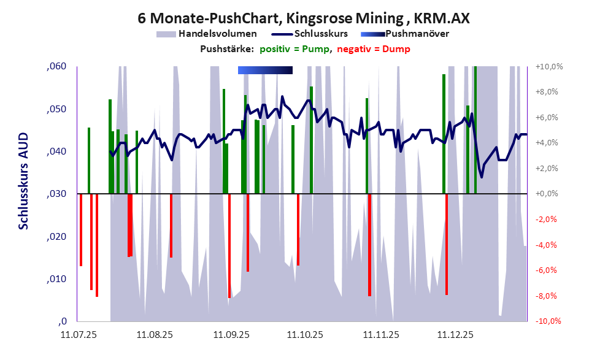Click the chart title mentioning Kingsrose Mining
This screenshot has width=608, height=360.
tap(304, 18)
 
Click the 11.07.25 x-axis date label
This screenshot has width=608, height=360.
tap(79, 335)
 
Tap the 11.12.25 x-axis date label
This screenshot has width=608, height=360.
tap(455, 335)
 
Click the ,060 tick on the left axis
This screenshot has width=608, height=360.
tap(56, 67)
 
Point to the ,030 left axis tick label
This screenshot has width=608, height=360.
tap(56, 194)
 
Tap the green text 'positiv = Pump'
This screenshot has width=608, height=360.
tap(294, 49)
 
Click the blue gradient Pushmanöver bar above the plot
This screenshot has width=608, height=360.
tap(265, 70)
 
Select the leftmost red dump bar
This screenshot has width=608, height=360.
tap(81, 229)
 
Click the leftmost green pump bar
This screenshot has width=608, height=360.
tap(89, 161)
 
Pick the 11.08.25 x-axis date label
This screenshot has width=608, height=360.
tap(155, 335)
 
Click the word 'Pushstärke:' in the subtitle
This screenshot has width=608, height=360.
tap(227, 49)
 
